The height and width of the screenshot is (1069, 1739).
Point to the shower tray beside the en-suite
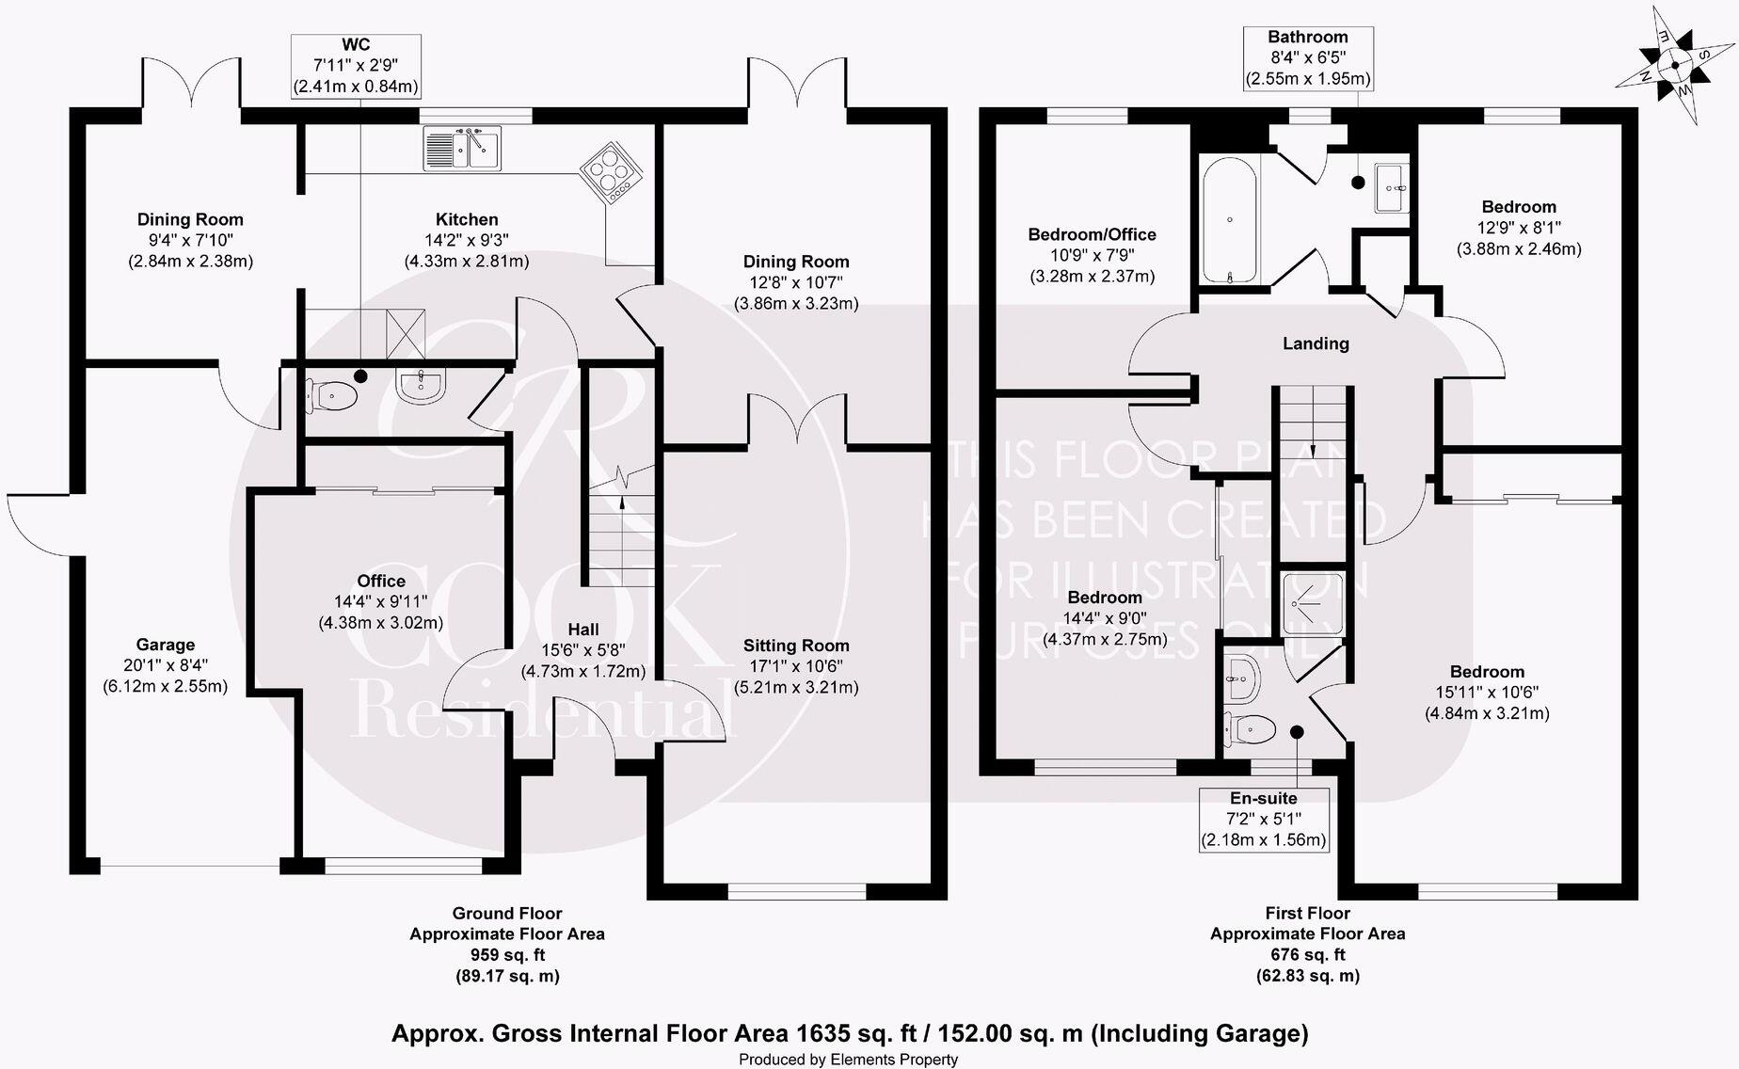1315,602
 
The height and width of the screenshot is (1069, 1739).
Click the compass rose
1676,65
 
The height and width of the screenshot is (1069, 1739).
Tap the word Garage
166,645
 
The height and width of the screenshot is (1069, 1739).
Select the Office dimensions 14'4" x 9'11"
380,601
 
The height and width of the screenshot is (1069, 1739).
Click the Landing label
1316,343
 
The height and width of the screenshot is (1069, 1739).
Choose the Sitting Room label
796,646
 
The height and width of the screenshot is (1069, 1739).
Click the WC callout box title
356,44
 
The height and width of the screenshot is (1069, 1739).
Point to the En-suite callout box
1264,819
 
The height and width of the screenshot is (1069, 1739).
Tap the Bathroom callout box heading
1307,37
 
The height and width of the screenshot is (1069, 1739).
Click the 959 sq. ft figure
507,955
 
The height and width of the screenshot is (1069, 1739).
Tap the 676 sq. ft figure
1308,955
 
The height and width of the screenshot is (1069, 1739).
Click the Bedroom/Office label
1092,234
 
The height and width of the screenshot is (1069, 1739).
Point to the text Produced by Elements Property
848,1060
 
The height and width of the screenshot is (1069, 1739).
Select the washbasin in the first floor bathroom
1393,188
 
